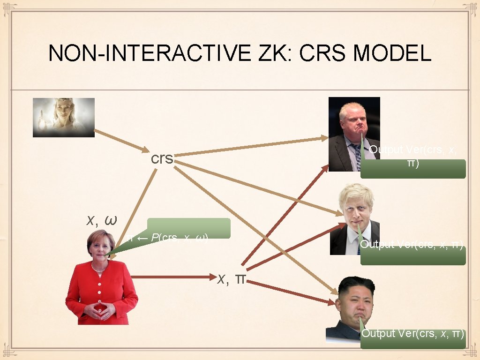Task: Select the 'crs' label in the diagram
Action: point(162,159)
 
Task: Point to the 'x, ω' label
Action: point(102,219)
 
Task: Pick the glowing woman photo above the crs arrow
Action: point(63,117)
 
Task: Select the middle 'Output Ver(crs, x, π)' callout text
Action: point(412,245)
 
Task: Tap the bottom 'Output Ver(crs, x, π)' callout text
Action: point(413,334)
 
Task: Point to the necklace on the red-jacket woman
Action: point(98,269)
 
